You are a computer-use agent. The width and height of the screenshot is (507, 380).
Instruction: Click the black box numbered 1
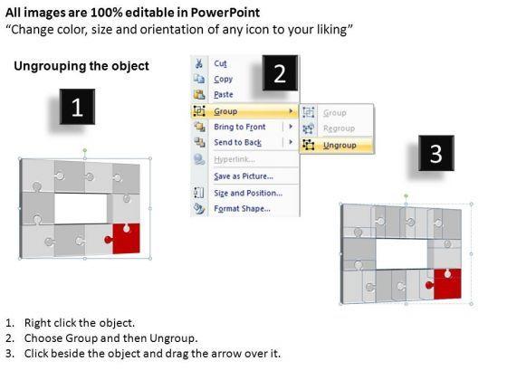coord(77,107)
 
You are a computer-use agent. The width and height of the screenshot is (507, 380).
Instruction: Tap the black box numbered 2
coord(280,73)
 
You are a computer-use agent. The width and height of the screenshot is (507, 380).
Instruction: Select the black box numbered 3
coord(436,153)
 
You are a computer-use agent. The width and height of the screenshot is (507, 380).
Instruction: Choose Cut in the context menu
coord(220,63)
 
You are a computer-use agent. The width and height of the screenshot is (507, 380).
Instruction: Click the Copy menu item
coord(223,80)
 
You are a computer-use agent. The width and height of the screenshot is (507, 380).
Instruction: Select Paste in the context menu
coord(224,95)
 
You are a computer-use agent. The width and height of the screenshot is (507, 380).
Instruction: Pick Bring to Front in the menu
coord(240,127)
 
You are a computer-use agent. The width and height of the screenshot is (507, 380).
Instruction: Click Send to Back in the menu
coord(237,143)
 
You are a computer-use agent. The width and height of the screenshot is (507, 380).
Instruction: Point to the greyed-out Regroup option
coord(339,128)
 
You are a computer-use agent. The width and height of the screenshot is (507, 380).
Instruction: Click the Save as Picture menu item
coord(244,176)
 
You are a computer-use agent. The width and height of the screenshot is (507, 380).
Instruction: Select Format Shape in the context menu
coord(243,209)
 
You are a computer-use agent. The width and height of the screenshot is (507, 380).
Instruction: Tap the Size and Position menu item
coord(248,194)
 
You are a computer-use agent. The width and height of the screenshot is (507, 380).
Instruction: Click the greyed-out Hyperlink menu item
coord(234,159)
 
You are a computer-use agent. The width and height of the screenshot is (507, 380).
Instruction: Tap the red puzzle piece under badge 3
coord(445,284)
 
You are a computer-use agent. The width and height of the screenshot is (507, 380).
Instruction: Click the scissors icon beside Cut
coord(199,63)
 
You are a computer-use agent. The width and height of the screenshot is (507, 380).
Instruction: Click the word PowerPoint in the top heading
coord(225,13)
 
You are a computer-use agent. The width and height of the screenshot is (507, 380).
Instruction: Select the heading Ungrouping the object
coord(81,66)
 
